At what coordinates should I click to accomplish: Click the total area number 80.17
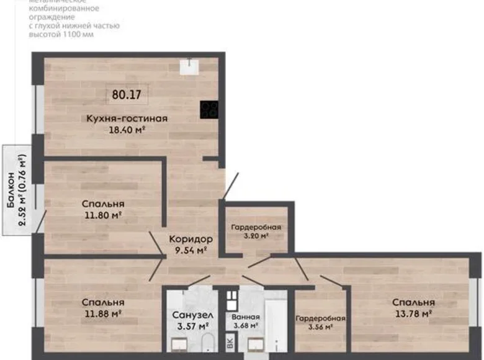(x=127, y=95)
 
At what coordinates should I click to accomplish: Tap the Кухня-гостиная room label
(x=127, y=118)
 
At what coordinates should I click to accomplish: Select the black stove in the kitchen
(x=209, y=110)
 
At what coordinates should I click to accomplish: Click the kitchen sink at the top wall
(x=189, y=65)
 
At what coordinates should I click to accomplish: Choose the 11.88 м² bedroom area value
(x=103, y=313)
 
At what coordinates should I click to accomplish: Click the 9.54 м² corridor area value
(x=192, y=250)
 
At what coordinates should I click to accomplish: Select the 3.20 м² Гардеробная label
(x=256, y=231)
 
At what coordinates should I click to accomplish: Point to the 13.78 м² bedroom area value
(x=413, y=313)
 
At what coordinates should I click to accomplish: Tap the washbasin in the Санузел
(x=180, y=343)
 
